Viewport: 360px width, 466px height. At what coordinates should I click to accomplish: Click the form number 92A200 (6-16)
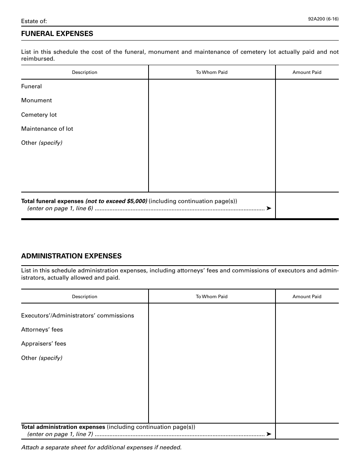323,18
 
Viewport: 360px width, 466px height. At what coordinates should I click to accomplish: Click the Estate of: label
34,21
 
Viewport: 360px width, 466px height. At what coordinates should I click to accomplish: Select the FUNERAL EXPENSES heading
57,34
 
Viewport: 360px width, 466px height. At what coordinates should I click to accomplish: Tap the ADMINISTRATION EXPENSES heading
71,256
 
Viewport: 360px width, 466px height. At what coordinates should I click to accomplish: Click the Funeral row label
31,86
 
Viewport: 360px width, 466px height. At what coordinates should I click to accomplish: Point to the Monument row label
36,100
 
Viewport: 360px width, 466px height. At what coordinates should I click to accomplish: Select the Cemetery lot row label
39,115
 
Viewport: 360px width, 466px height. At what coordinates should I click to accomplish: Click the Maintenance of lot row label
47,129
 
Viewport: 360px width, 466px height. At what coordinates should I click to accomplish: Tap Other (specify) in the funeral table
42,143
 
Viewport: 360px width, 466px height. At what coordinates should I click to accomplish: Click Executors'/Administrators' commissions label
77,316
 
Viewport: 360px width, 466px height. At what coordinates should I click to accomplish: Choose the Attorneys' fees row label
42,330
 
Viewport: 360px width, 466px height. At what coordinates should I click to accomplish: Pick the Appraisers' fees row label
44,344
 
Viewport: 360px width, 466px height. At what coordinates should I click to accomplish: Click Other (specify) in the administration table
42,358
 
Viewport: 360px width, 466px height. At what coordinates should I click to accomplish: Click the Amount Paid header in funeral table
307,72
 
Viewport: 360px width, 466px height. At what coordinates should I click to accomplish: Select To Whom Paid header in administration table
211,297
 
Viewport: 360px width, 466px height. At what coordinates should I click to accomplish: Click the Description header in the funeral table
85,72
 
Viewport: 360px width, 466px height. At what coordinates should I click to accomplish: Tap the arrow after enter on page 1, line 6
269,208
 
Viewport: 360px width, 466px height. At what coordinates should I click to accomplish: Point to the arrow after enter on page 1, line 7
269,434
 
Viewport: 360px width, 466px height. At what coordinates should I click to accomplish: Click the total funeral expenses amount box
307,205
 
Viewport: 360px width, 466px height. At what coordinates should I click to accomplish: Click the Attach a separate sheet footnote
101,447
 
